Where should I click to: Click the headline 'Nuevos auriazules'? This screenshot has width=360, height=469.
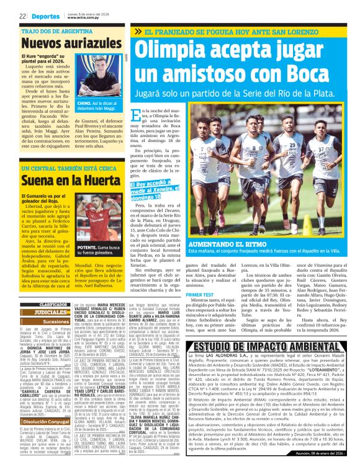pos(62,43)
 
